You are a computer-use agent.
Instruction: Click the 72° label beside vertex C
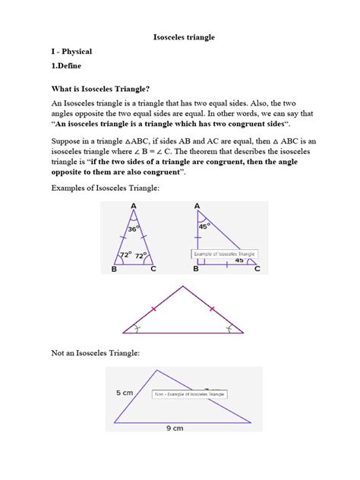(141, 255)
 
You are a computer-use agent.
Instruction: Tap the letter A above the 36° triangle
(134, 205)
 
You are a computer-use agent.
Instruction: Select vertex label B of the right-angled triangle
(195, 269)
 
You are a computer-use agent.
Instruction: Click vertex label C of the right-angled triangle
(257, 269)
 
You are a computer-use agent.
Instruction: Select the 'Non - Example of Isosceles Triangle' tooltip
(190, 394)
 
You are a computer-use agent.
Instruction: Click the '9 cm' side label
(175, 428)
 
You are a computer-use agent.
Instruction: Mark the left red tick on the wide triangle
(154, 309)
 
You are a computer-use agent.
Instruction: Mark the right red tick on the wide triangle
(211, 309)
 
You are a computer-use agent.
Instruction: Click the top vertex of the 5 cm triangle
(158, 370)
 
